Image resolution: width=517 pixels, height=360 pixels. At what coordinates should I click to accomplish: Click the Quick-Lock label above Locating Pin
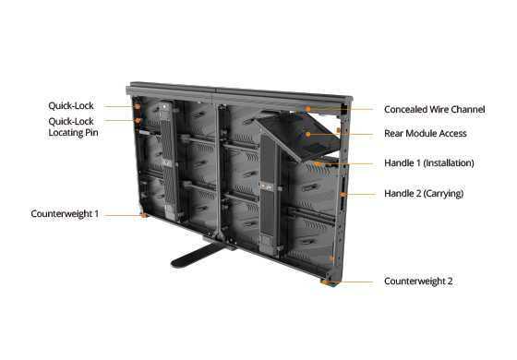click(71, 106)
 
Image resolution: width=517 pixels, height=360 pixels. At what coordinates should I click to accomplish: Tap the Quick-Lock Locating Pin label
click(73, 127)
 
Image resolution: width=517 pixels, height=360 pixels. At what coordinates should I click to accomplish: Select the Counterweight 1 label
click(65, 214)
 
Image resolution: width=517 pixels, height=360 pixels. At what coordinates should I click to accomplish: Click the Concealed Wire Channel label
click(434, 110)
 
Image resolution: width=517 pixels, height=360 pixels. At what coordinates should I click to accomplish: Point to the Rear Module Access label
click(426, 134)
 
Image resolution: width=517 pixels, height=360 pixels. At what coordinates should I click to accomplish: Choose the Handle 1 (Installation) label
click(429, 162)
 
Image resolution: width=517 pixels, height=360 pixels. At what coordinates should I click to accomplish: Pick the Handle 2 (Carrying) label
click(424, 194)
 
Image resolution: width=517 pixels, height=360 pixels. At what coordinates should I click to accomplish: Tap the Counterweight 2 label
click(418, 282)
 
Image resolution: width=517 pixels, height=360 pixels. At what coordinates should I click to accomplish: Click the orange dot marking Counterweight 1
click(143, 216)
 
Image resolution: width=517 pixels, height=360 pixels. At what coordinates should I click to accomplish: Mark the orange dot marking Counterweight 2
click(325, 282)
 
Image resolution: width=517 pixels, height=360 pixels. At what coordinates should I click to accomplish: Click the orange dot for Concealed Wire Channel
click(308, 109)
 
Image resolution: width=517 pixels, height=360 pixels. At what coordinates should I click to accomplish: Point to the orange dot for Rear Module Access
click(308, 134)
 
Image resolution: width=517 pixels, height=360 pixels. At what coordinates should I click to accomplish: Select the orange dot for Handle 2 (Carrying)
click(343, 195)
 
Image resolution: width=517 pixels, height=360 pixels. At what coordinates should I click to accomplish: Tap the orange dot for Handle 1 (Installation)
click(317, 163)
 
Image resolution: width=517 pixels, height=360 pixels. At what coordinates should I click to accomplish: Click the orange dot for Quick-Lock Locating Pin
click(138, 121)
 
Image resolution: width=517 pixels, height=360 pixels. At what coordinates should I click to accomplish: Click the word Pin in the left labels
click(91, 133)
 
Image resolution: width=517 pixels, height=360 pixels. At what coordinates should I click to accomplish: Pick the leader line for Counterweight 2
click(349, 282)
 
